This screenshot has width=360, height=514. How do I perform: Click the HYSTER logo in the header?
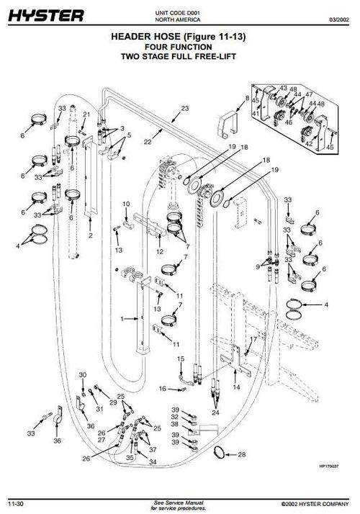45,15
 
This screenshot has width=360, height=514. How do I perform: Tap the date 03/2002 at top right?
340,19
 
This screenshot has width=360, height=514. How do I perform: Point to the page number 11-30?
18,501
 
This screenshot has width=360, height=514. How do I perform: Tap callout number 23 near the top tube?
185,108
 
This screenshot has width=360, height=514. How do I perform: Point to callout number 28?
241,454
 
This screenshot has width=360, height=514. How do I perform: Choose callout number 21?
86,114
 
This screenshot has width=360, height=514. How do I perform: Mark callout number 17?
253,338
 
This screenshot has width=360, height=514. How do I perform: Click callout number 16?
163,388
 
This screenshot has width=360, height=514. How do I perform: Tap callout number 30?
82,376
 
